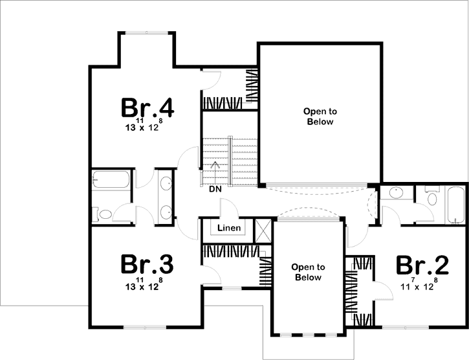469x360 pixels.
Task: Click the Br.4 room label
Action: click(148, 107)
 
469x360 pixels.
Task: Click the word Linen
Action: click(229, 228)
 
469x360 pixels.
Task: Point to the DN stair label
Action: click(215, 190)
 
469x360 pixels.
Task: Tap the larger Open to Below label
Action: click(319, 117)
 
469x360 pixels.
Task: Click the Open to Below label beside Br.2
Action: click(308, 272)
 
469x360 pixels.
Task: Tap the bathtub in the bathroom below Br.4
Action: click(111, 180)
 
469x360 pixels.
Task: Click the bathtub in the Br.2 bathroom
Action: click(455, 205)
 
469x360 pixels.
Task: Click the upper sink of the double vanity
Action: click(166, 183)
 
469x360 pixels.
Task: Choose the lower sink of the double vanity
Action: click(166, 211)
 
